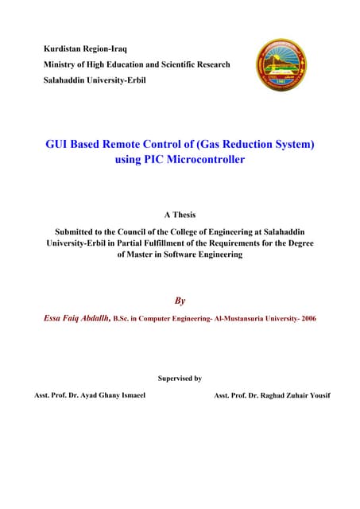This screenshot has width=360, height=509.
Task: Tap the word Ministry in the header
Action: (x=63, y=64)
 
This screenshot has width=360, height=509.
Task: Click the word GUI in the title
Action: (x=60, y=145)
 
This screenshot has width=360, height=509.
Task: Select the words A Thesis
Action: (x=180, y=215)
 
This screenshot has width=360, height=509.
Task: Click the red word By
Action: (x=180, y=301)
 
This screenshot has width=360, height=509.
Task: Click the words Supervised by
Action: (x=180, y=379)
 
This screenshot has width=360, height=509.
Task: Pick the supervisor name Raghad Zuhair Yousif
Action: (x=291, y=395)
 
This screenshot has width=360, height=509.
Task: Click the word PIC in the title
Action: (x=150, y=160)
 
